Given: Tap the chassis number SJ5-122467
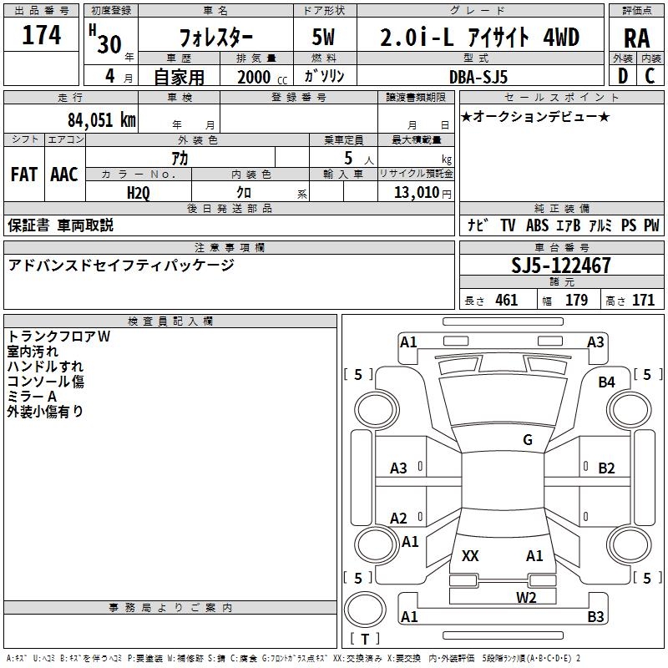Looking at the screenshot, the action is [x=560, y=266].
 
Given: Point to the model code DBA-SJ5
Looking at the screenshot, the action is [x=478, y=76].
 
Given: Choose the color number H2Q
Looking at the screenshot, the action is [x=139, y=193].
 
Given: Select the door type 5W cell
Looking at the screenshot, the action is [x=324, y=38].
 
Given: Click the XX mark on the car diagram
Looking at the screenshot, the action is [x=470, y=556].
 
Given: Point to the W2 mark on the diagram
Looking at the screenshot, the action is [x=526, y=597].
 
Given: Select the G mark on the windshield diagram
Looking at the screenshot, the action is [x=528, y=440].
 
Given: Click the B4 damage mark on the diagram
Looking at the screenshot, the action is [x=606, y=382].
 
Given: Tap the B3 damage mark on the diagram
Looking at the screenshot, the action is [x=595, y=617].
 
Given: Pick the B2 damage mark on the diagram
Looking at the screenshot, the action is [x=606, y=468].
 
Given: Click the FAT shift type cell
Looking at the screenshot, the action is [x=23, y=175].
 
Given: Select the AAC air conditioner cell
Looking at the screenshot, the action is [x=63, y=175].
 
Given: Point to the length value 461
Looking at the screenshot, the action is [x=506, y=301].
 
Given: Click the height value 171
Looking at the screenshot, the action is [x=643, y=301].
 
